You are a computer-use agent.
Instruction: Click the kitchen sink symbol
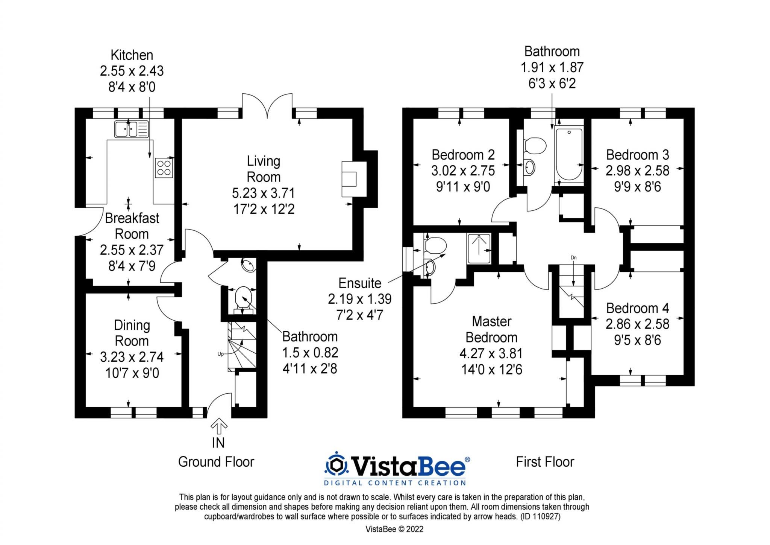tap(131, 129)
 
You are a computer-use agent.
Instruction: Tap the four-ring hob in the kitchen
tap(164, 167)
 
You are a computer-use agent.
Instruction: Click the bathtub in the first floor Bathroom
tap(569, 155)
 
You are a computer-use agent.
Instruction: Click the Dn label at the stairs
tap(573, 258)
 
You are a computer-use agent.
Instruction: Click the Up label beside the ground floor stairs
tap(221, 354)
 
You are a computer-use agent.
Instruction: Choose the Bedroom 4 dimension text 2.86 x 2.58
tap(637, 324)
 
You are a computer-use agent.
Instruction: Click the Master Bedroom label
tap(491, 329)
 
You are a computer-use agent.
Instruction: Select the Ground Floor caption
tap(216, 462)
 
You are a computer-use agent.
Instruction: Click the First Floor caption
tap(545, 462)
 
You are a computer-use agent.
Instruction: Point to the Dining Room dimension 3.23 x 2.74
tap(132, 357)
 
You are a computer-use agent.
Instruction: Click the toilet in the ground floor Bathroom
tap(243, 297)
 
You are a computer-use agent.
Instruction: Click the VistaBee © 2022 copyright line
tap(394, 529)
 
